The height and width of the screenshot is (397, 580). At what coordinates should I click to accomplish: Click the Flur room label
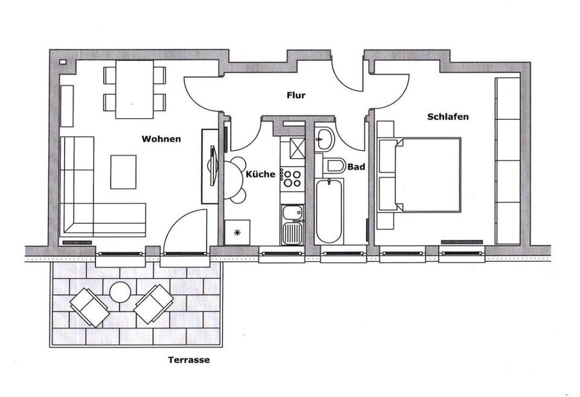click(295, 95)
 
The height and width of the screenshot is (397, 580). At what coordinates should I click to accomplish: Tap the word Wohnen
click(161, 139)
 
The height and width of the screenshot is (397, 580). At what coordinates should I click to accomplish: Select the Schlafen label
click(448, 116)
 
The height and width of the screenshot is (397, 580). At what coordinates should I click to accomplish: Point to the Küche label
click(260, 174)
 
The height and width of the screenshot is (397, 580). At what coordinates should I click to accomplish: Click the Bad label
click(356, 167)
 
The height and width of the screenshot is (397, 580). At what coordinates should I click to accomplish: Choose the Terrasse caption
click(189, 360)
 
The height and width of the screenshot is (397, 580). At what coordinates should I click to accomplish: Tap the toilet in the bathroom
click(333, 165)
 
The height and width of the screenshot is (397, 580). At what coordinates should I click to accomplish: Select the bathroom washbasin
click(324, 138)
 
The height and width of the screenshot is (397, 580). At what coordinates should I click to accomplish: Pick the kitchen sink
click(294, 223)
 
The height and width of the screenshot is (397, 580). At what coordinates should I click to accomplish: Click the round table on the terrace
click(121, 293)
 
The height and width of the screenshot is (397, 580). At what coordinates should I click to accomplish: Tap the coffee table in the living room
click(123, 171)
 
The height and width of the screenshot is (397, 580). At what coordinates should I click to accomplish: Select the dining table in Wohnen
click(134, 89)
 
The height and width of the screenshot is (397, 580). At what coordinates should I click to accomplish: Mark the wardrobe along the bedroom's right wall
click(507, 159)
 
